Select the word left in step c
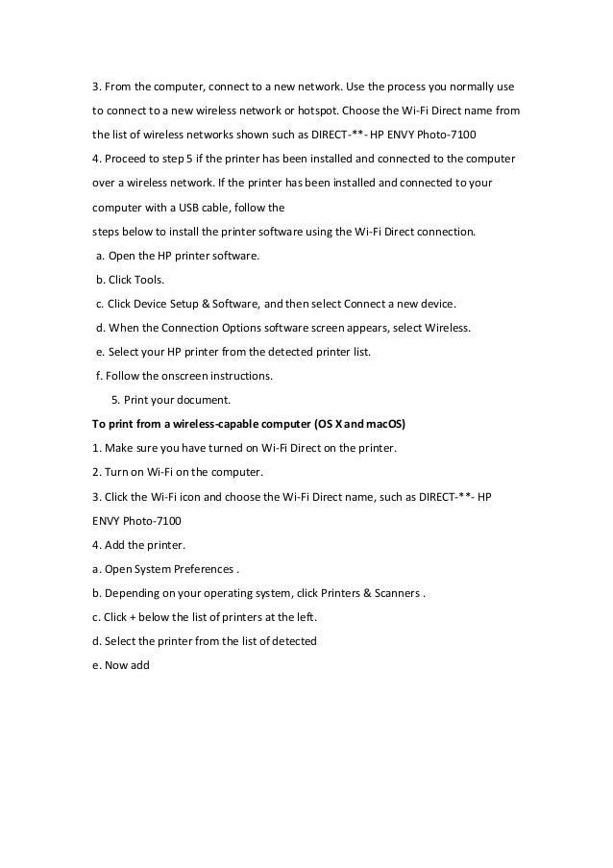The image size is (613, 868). (305, 616)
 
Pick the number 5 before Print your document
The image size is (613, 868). (115, 400)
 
